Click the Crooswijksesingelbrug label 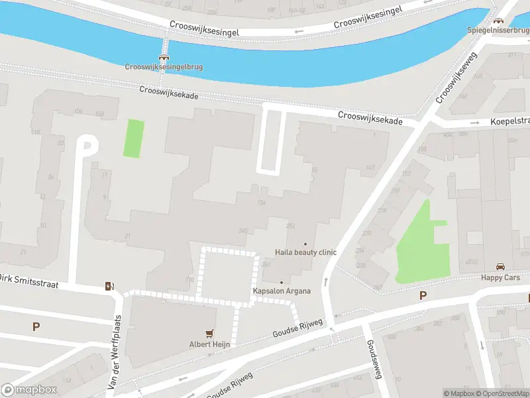[x=164, y=66]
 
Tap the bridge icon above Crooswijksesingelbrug [x=163, y=57]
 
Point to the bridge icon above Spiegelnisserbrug [x=498, y=21]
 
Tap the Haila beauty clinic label [x=306, y=252]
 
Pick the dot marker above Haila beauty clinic [x=305, y=244]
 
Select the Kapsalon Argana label [x=281, y=291]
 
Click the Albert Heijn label [x=209, y=344]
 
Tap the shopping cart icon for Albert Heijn [x=210, y=334]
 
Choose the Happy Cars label [x=501, y=277]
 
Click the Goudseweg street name [x=373, y=358]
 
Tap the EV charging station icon [x=109, y=287]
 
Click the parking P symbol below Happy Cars [x=423, y=296]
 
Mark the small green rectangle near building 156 [x=134, y=138]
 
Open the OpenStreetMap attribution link [x=502, y=393]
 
